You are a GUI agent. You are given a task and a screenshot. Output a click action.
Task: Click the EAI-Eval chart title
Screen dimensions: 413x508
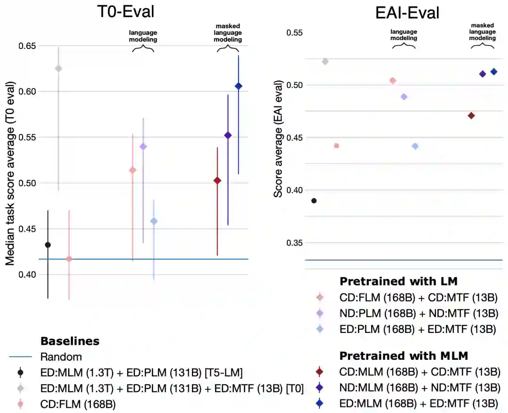pos(407,13)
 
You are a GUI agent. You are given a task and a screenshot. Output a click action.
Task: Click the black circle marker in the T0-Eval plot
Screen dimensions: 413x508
pos(48,245)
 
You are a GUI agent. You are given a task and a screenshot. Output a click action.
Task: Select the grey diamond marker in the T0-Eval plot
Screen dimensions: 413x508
pos(58,68)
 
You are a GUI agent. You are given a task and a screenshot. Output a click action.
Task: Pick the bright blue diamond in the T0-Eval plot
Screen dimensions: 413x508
pos(238,86)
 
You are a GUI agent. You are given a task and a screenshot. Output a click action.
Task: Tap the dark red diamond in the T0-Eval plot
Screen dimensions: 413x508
pos(217,180)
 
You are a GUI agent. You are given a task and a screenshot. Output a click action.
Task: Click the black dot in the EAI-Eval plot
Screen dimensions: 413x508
pos(314,201)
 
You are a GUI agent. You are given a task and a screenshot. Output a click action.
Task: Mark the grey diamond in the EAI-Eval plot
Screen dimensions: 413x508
pos(325,62)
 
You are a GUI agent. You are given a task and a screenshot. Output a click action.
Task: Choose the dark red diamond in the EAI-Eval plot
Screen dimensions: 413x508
pos(471,116)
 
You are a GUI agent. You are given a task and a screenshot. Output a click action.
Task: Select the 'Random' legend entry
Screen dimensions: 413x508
pos(61,356)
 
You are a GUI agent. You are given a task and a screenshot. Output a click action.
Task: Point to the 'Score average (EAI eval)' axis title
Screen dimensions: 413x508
pos(278,139)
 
